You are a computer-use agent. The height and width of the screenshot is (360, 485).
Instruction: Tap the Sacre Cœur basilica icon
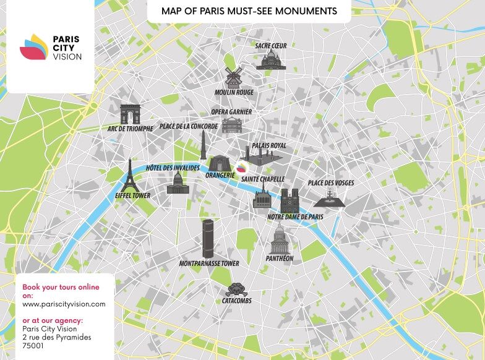point(270,59)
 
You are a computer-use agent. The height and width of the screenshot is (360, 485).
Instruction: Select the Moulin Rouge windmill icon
point(233,77)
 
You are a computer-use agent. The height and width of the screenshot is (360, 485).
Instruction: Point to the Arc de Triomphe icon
point(131,114)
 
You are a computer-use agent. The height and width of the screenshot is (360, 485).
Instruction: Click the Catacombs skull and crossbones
point(234,289)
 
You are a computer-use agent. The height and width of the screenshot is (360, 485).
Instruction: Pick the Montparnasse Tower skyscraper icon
point(208,238)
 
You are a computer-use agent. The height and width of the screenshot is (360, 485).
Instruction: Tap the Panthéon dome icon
point(280,238)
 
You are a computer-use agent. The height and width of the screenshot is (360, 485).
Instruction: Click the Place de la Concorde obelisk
point(202,147)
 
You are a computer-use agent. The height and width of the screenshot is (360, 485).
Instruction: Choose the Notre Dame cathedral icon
point(290,201)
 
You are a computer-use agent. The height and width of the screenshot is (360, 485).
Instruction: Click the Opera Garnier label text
point(231,112)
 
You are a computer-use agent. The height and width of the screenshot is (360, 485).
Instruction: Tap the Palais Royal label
point(268,145)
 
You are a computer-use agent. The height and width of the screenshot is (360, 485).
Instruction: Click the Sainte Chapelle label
point(263,179)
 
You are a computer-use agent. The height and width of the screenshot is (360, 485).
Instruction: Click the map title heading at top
point(249,11)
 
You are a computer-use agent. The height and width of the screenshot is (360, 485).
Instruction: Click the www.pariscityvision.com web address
point(64,304)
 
